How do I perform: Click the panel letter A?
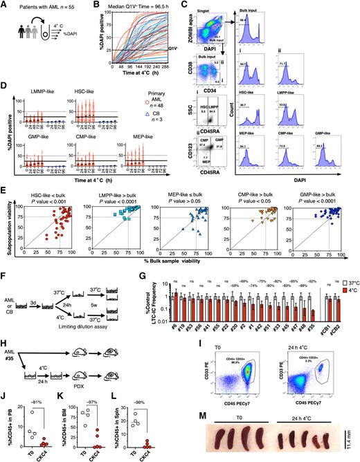(x=4, y=5)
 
